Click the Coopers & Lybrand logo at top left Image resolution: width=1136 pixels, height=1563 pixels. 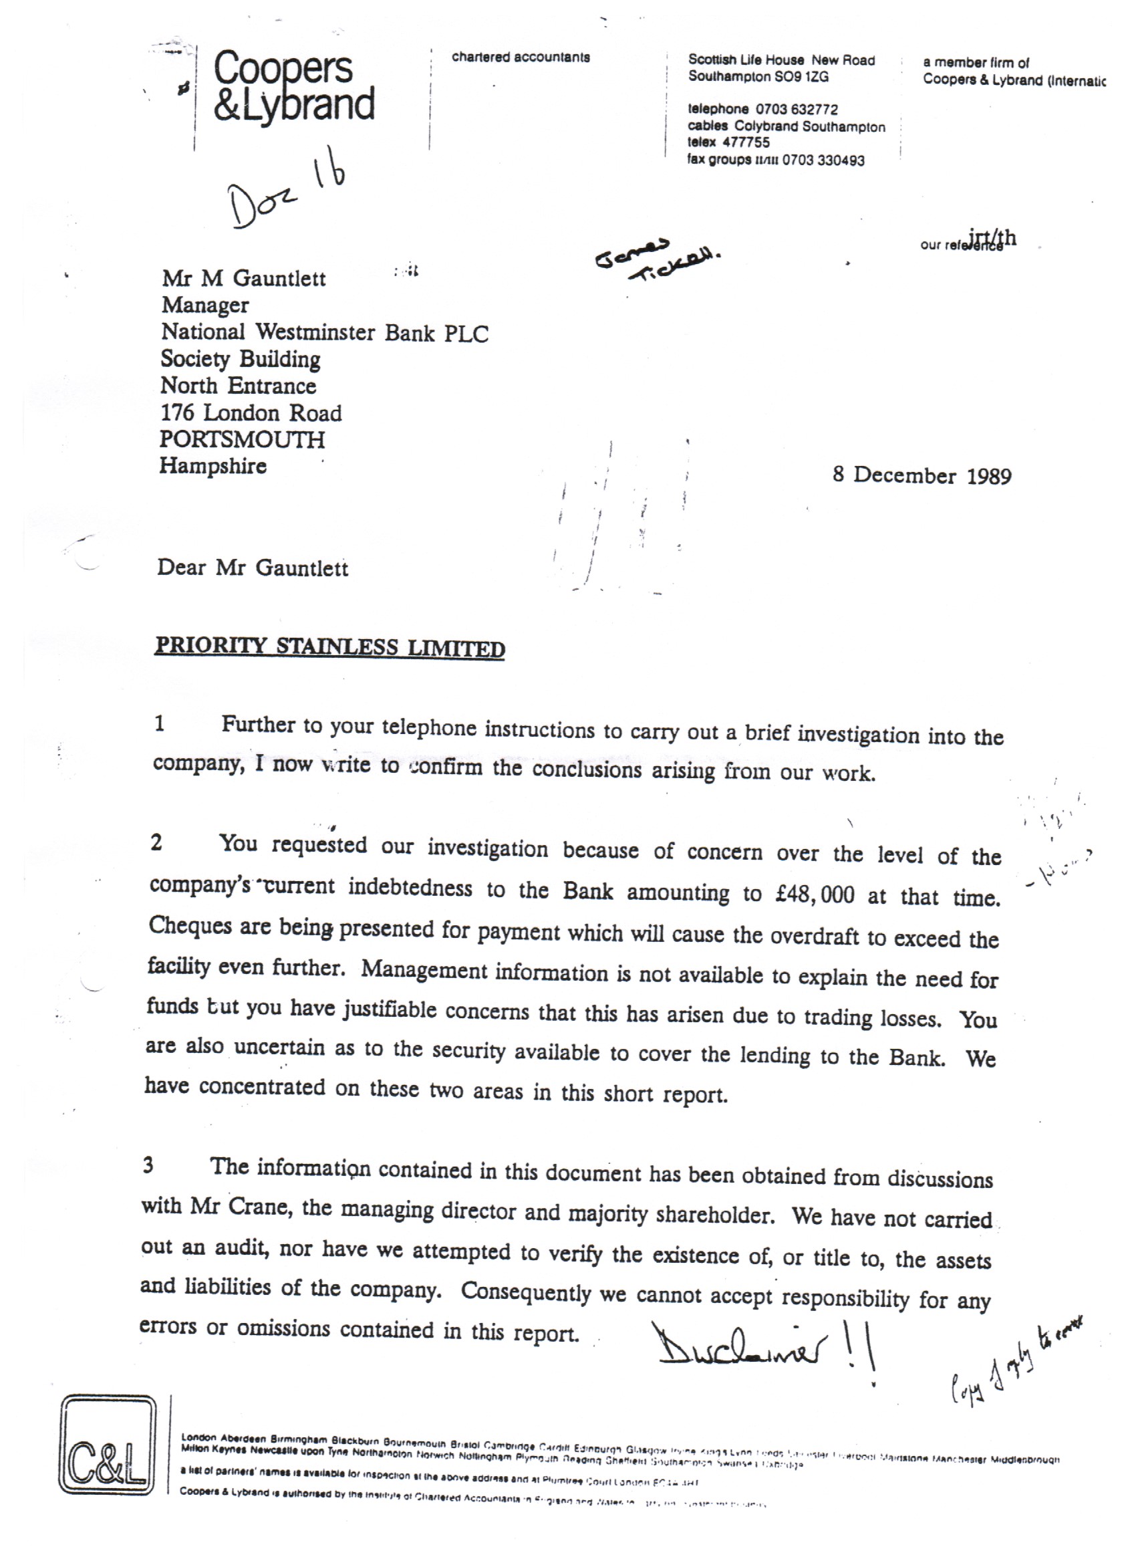[x=293, y=88]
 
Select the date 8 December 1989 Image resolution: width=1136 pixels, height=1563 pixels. [x=921, y=476]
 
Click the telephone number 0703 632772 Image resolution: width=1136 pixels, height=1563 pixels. [x=797, y=110]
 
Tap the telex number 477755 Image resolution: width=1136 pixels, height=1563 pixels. [x=746, y=142]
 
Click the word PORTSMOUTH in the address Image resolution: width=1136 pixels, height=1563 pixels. [x=242, y=440]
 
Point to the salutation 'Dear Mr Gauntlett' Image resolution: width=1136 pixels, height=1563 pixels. [x=253, y=568]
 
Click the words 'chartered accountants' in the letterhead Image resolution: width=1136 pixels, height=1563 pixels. [x=521, y=58]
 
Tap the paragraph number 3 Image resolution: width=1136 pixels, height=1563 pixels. [x=148, y=1166]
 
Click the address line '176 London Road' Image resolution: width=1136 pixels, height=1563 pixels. [x=251, y=412]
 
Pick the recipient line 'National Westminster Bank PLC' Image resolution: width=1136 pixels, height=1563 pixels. [x=325, y=333]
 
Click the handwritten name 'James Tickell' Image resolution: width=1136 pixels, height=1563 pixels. [x=658, y=261]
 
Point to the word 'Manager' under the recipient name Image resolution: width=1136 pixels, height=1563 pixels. [x=205, y=306]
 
